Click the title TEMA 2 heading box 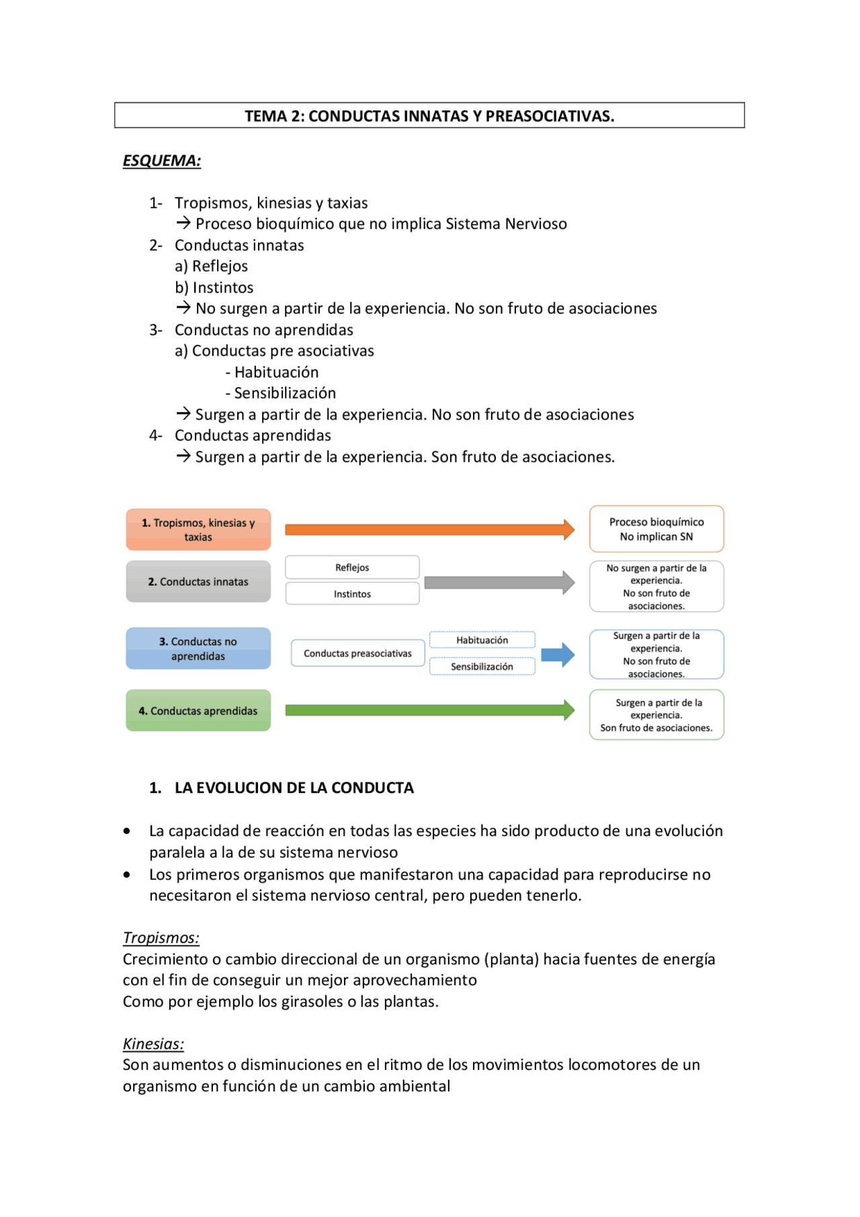tap(429, 116)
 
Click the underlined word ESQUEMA tap(161, 161)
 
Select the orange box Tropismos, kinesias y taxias tap(198, 530)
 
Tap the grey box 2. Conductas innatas tap(198, 581)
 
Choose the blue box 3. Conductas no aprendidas tap(198, 648)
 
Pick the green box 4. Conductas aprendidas tap(198, 710)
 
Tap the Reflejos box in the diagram tap(352, 567)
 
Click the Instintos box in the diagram tap(352, 593)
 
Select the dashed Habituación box tap(482, 640)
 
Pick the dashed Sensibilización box tap(482, 666)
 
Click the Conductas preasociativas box tap(357, 653)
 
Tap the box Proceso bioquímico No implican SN tap(656, 529)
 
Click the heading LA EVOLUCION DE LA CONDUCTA tap(294, 788)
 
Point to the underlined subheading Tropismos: tap(161, 937)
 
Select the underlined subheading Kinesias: tap(153, 1044)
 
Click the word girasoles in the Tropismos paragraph tap(311, 1001)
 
